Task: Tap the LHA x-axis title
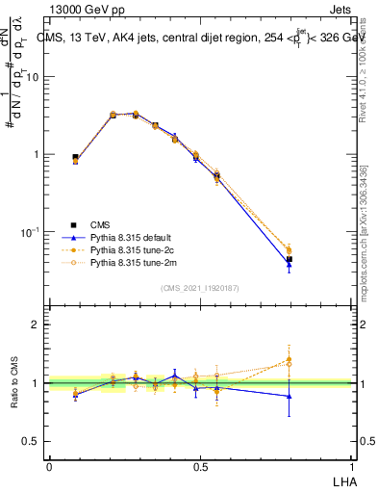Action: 341,480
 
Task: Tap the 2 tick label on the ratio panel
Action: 38,324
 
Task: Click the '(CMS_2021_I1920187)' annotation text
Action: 200,287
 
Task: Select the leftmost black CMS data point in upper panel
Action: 75,157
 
